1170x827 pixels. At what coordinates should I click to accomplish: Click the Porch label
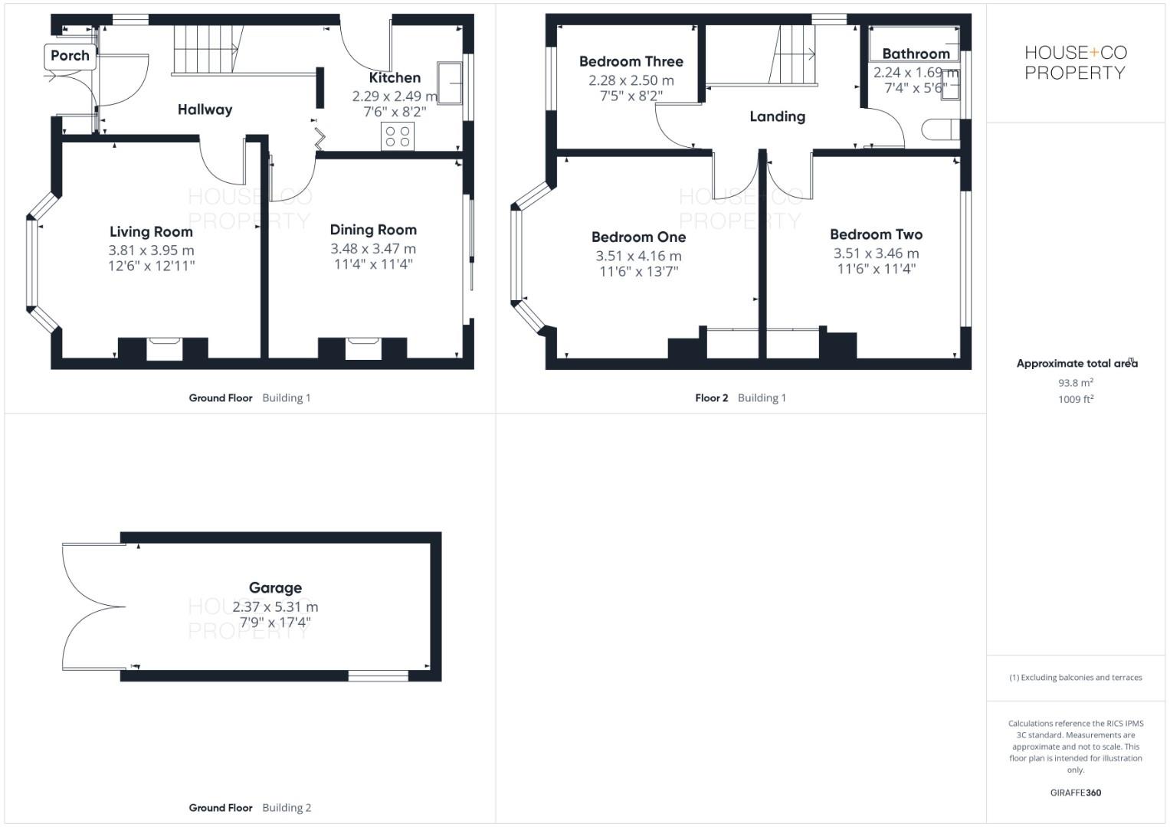pos(70,56)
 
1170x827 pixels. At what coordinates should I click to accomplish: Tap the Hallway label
pos(205,110)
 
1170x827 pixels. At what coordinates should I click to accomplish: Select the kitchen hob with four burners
pos(398,137)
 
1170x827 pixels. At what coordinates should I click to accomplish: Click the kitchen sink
pos(450,82)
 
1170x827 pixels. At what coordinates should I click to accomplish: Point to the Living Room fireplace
pos(163,348)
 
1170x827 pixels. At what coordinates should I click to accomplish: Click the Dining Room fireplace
pos(362,348)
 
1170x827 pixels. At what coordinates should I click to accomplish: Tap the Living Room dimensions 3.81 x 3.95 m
pos(151,250)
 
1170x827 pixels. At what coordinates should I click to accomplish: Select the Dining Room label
pos(373,230)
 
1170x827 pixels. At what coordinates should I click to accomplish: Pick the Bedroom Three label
pos(631,61)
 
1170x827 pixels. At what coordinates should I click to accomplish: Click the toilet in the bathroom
pos(940,129)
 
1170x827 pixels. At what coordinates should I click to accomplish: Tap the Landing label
pos(777,116)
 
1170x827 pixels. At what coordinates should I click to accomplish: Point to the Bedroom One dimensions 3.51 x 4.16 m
pos(638,256)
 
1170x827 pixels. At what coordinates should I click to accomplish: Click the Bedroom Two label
pos(876,234)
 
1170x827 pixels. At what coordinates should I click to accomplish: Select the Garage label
pos(275,588)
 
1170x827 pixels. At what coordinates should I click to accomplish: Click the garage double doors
pos(92,607)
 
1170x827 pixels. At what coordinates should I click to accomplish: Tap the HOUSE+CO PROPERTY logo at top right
pos(1075,63)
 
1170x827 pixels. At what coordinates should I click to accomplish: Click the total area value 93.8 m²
pos(1075,383)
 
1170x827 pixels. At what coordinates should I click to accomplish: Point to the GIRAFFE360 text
pos(1075,793)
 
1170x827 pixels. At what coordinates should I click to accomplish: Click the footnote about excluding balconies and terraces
pos(1075,678)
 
